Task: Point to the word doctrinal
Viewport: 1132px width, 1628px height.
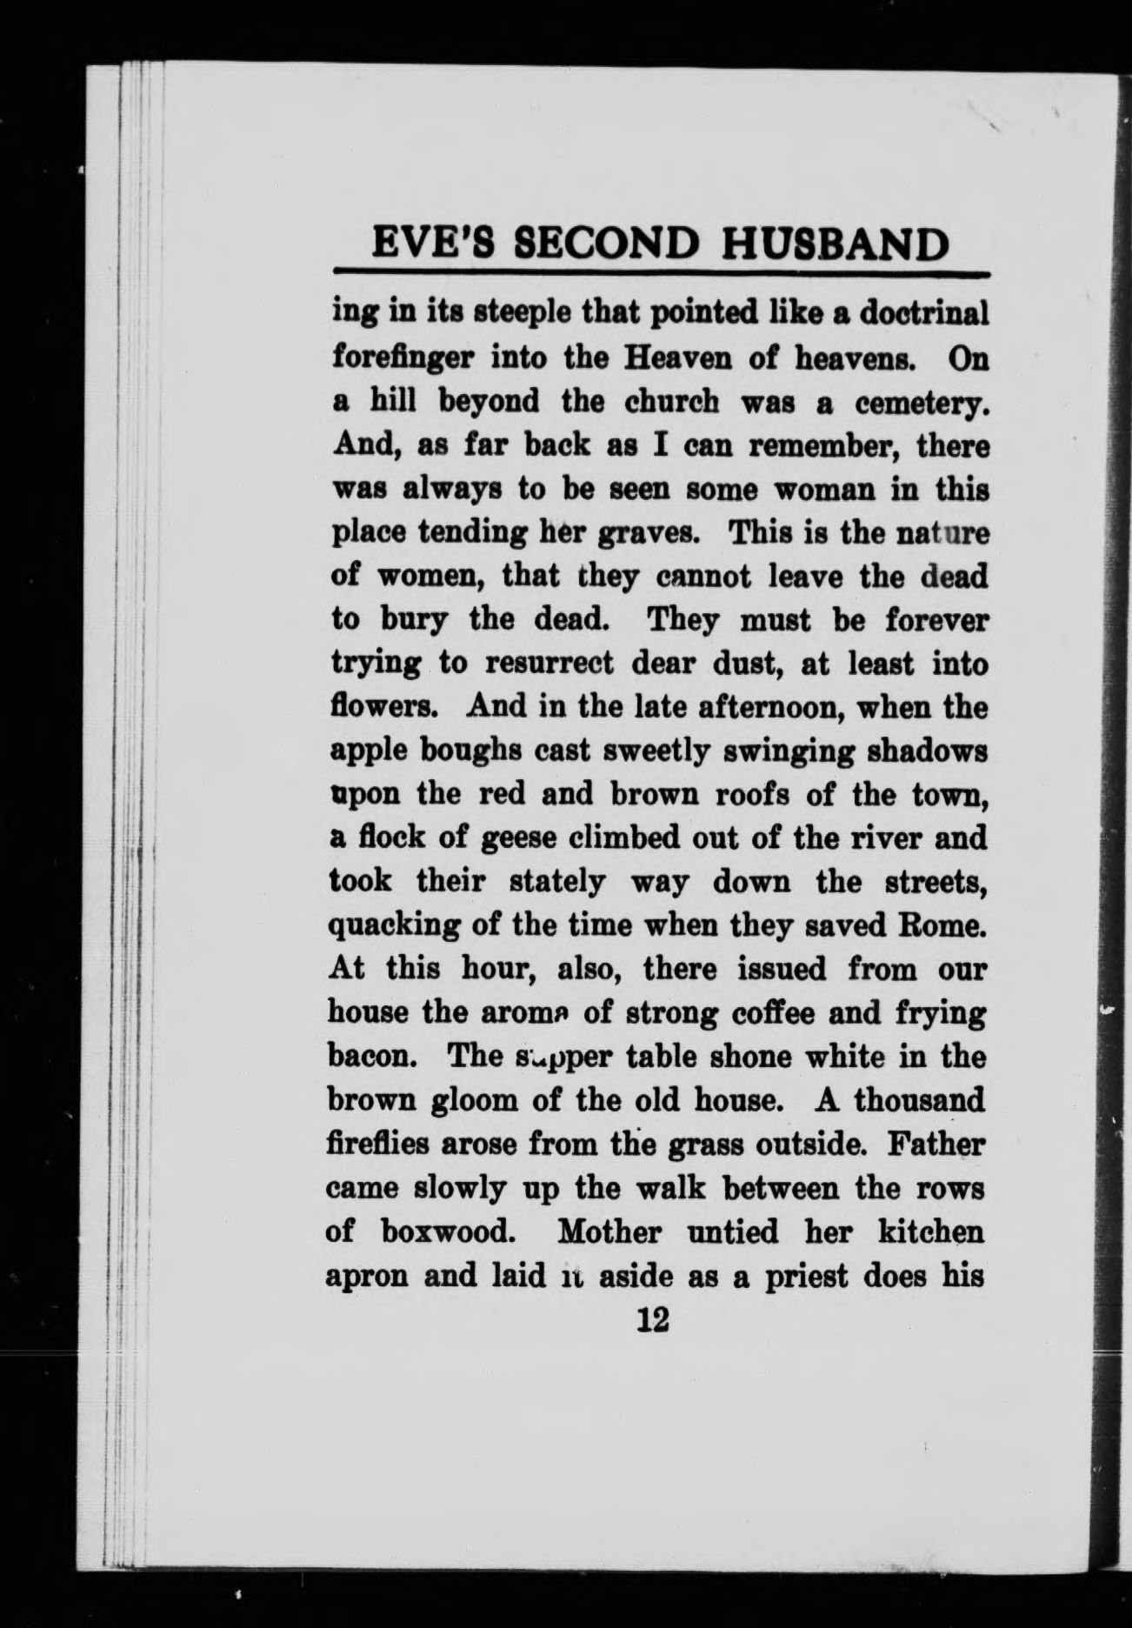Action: click(x=925, y=313)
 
